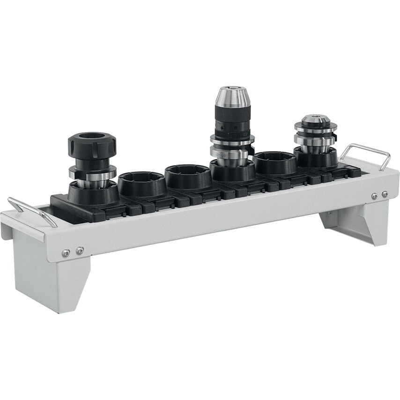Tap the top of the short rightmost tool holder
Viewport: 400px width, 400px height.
(x=316, y=119)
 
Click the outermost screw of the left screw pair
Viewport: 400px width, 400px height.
(x=66, y=253)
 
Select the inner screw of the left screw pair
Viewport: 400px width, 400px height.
(x=80, y=251)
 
